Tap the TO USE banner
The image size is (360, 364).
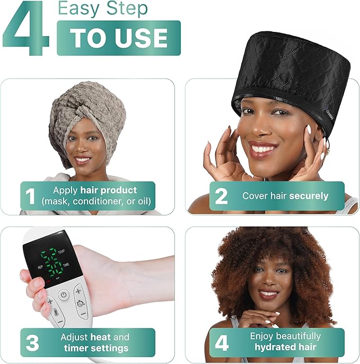pos(118,38)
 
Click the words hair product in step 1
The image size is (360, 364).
pos(115,190)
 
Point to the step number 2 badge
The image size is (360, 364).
pos(221,196)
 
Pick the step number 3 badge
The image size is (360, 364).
pos(32,343)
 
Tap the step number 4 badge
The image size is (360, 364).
pos(221,343)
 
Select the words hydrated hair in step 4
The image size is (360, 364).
pos(285,348)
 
